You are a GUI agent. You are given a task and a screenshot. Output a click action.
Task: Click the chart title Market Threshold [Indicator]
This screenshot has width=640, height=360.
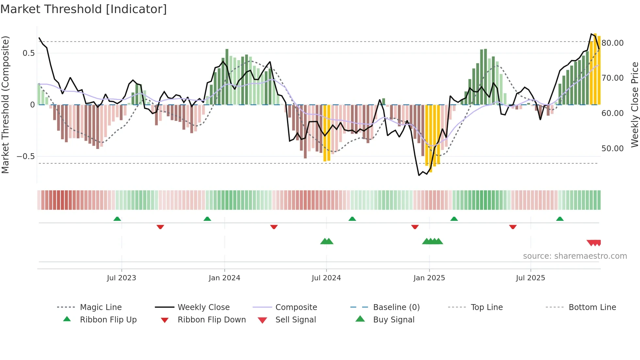84,9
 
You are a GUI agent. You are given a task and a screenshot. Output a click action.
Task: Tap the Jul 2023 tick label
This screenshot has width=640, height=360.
121,278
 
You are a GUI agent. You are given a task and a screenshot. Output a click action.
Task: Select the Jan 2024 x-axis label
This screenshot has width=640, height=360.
224,278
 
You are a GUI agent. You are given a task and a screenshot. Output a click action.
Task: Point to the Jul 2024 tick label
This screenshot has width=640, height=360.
326,278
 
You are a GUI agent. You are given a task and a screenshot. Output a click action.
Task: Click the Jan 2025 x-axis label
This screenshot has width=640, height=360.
429,278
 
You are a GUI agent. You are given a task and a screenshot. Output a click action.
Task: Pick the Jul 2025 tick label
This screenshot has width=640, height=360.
530,278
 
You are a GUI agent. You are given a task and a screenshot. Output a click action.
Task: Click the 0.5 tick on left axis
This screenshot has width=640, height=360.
28,53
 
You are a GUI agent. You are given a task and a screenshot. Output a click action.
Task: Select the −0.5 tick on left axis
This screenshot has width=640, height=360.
25,156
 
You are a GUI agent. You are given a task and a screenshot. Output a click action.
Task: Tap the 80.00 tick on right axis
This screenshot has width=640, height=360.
613,43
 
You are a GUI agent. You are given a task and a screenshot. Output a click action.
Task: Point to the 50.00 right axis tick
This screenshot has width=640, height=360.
613,149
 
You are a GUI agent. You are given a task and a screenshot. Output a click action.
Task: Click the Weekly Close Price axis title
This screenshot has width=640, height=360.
634,105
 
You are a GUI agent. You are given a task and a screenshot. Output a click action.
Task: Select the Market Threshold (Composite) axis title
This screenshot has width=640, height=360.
5,105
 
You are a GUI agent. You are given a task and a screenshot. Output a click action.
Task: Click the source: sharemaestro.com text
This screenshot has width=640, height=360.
575,256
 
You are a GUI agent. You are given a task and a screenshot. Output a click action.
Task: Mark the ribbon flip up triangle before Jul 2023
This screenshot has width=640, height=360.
117,219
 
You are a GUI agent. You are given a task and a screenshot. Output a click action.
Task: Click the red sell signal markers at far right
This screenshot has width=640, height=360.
594,243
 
